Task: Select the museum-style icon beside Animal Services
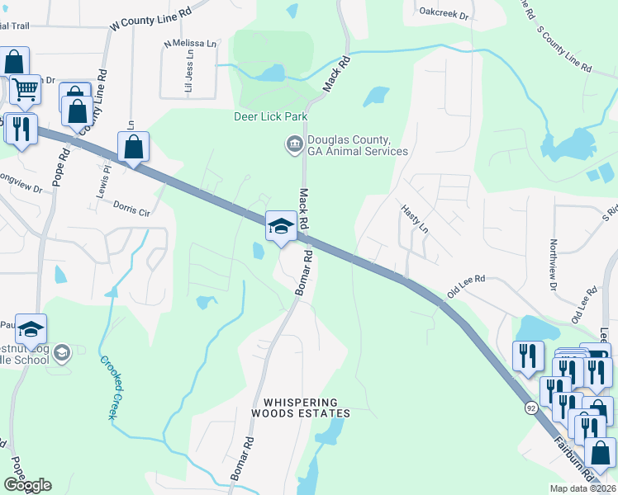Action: point(293,145)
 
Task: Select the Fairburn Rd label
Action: point(573,458)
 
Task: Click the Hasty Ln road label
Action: point(416,219)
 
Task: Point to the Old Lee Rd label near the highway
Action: point(466,288)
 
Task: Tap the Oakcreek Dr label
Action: point(444,15)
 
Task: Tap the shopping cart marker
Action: point(25,89)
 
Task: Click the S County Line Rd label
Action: point(564,50)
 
